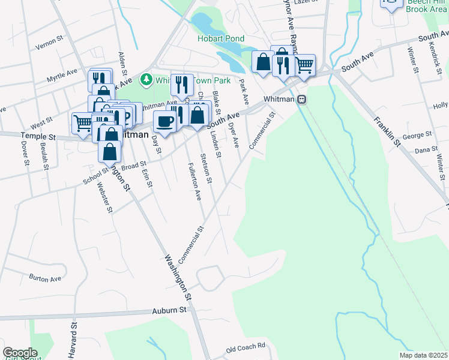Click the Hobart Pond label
[x=221, y=38]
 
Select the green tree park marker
[x=145, y=79]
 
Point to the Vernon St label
[x=49, y=44]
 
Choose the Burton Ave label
[x=46, y=278]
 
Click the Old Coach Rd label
[x=246, y=347]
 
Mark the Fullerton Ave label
[x=193, y=181]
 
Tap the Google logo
[x=19, y=353]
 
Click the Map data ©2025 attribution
[x=423, y=355]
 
